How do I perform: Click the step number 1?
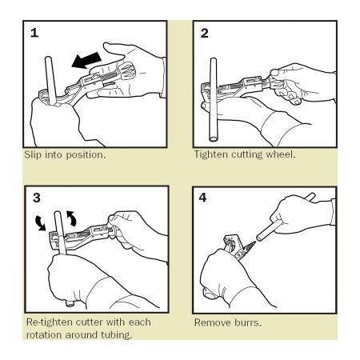(x=34, y=33)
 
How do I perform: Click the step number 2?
(x=204, y=34)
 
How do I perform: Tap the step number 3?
(x=37, y=198)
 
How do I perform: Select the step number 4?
(x=203, y=198)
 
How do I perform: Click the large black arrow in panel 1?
(x=86, y=61)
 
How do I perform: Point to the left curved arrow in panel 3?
(x=40, y=223)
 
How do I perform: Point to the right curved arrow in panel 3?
(x=71, y=218)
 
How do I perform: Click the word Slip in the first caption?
(x=33, y=154)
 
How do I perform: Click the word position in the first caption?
(x=86, y=155)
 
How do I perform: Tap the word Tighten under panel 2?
(x=211, y=154)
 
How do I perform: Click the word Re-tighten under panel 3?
(x=50, y=322)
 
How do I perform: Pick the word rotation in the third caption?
(x=44, y=335)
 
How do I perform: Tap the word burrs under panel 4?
(x=248, y=322)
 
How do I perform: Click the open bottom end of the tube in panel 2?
(x=214, y=139)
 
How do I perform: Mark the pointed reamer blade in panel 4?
(x=250, y=246)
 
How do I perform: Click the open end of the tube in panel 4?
(x=258, y=237)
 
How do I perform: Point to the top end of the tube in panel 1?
(x=48, y=58)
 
